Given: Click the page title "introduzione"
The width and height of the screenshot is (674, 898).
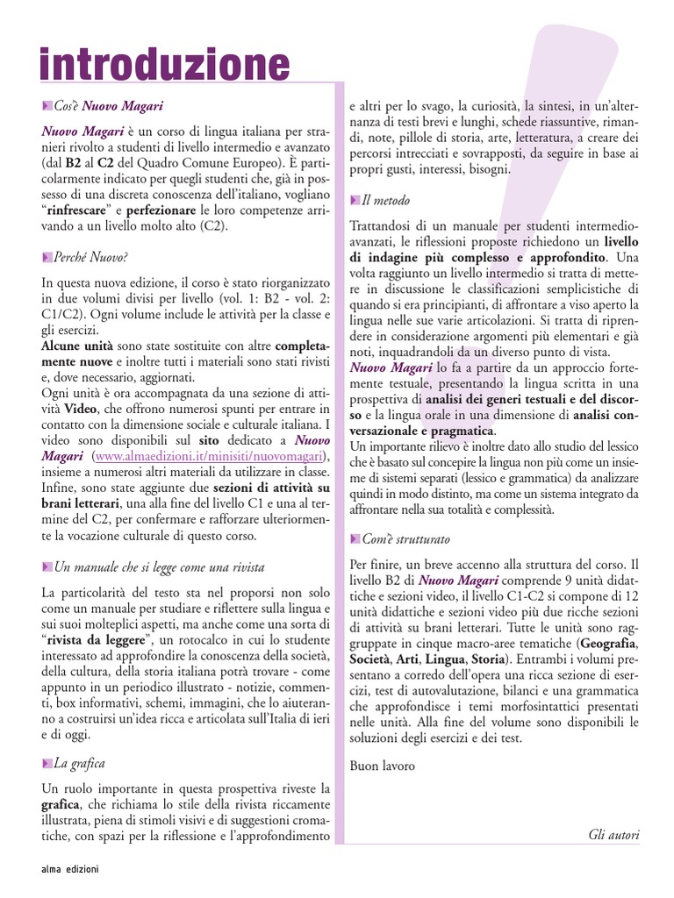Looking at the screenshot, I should pyautogui.click(x=165, y=66).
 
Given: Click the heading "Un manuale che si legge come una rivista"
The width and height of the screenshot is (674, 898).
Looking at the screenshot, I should pyautogui.click(x=159, y=567).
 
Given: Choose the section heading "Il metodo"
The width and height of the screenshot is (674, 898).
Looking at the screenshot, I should pyautogui.click(x=385, y=201).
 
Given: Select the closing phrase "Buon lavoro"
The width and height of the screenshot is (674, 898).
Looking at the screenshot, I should pyautogui.click(x=383, y=766).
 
